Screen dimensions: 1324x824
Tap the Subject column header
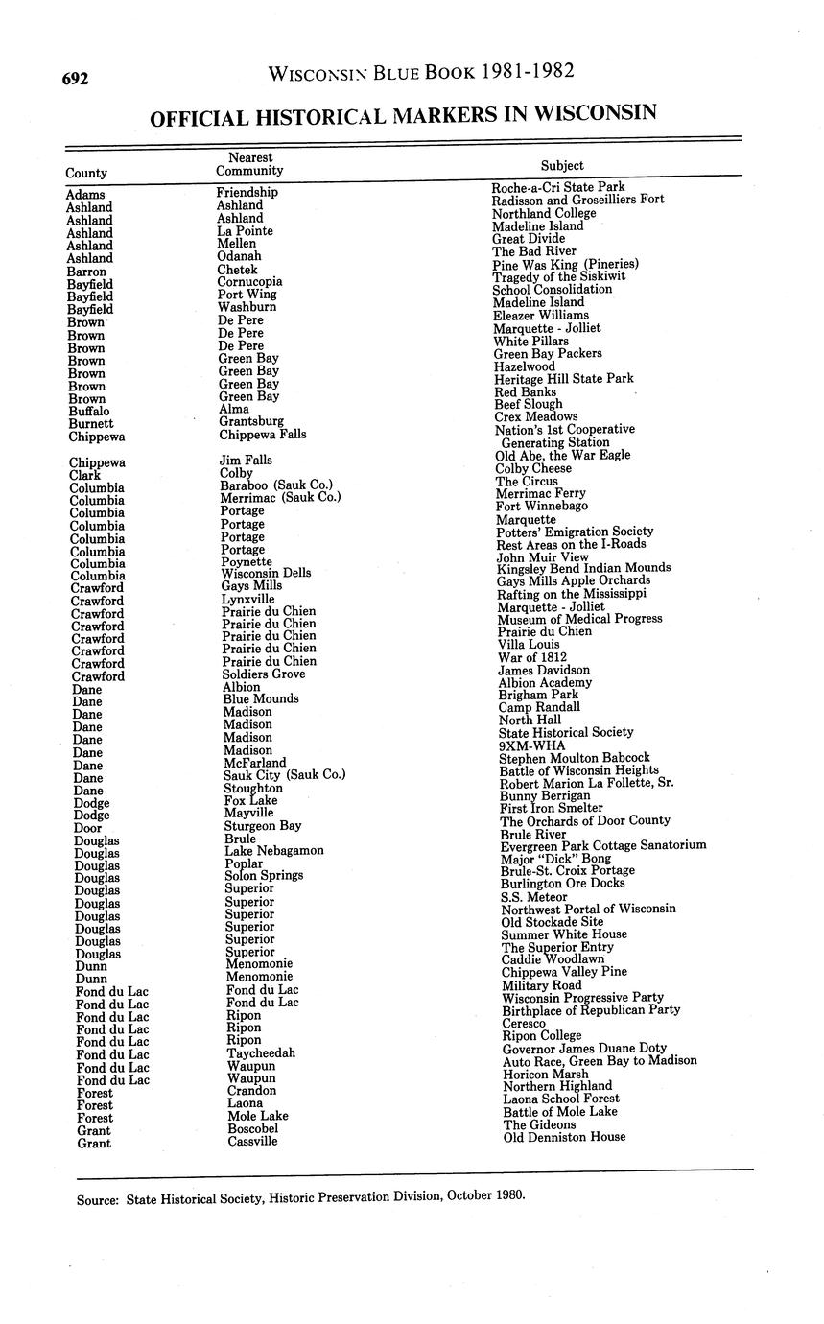[562, 165]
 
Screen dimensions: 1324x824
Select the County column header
[86, 173]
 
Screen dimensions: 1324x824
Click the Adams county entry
[85, 195]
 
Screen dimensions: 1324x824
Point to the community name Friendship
[247, 192]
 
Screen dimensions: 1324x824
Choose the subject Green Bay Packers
[547, 354]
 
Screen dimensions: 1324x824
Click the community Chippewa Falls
[262, 435]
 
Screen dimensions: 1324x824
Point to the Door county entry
[87, 828]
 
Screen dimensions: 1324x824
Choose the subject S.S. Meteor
[534, 897]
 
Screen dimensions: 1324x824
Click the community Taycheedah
[261, 1053]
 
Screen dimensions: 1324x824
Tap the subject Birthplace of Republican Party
[591, 1010]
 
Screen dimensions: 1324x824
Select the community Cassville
[252, 1142]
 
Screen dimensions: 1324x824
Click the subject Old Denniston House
[564, 1137]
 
